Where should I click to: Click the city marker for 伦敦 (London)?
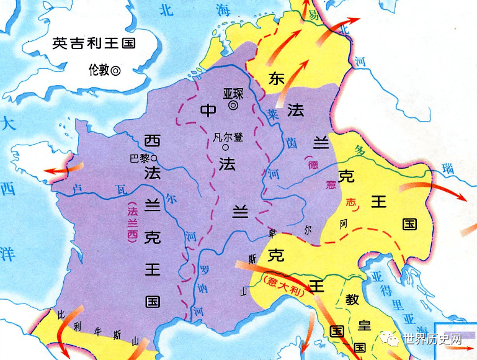(115, 71)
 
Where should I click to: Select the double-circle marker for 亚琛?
(233, 106)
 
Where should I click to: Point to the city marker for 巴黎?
(154, 158)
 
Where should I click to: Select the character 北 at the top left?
(166, 9)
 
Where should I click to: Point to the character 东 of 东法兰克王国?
(277, 79)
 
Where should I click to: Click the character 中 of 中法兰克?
(208, 110)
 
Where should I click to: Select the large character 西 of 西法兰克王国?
(152, 140)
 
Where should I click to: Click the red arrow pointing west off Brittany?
(61, 169)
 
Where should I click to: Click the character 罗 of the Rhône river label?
(202, 271)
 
